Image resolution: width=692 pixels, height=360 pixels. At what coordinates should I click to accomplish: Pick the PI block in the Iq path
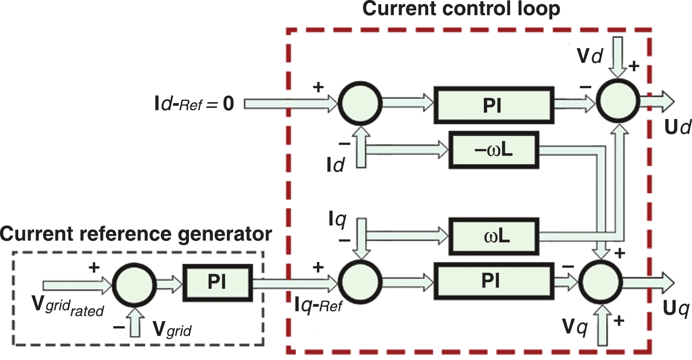click(492, 281)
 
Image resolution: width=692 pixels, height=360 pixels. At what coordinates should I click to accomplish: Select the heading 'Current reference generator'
click(136, 233)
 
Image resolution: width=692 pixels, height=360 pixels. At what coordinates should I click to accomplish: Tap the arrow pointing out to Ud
click(656, 100)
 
